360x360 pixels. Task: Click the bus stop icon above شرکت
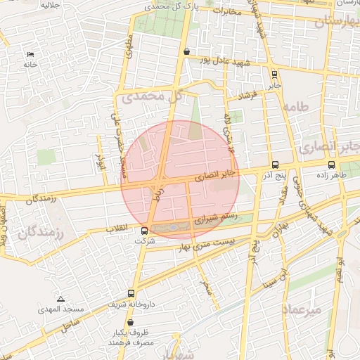point(145,231)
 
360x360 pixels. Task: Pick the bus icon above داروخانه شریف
point(131,293)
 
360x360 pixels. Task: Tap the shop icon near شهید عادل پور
point(186,51)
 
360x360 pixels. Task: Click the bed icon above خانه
point(30,54)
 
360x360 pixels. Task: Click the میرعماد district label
point(302,309)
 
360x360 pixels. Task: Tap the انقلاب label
point(116,230)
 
